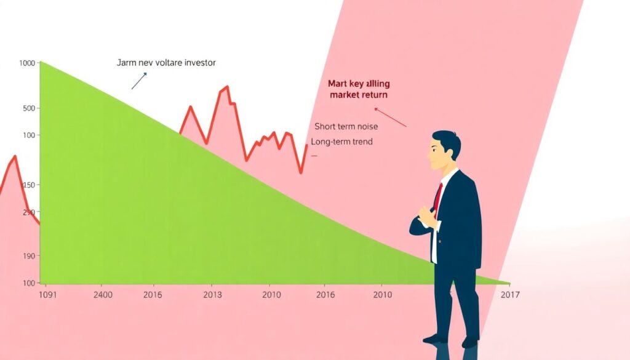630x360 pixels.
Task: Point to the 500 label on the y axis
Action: (29, 108)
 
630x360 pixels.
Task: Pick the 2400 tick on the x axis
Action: (103, 295)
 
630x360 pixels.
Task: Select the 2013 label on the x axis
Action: (212, 295)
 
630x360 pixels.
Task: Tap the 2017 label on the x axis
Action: (510, 295)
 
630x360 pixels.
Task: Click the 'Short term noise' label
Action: (346, 126)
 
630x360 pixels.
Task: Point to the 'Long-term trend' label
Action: (341, 142)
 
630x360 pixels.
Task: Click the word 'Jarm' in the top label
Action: (126, 63)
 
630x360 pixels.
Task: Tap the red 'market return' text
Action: (358, 95)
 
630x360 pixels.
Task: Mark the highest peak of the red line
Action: (226, 86)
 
